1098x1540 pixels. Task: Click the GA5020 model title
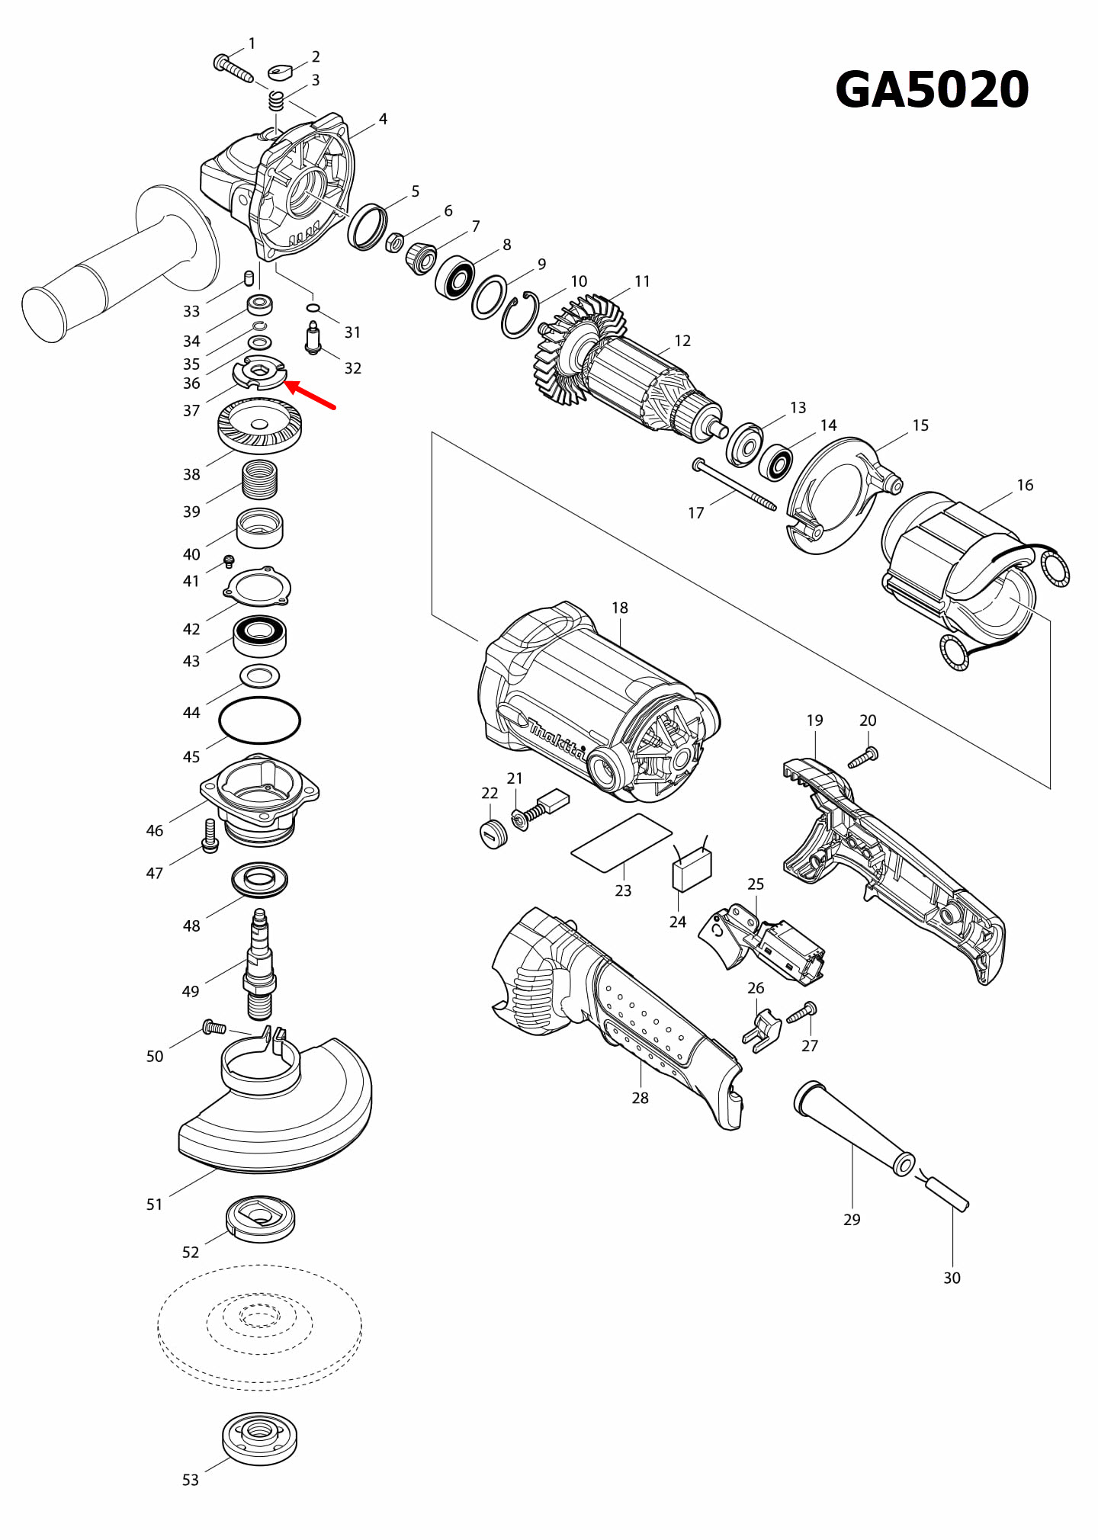point(932,90)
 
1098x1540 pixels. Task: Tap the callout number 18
point(619,608)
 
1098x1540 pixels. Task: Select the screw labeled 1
point(233,69)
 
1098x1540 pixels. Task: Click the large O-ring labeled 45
point(259,720)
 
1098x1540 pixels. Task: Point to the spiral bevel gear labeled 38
point(259,427)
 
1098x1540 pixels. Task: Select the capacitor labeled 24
point(692,869)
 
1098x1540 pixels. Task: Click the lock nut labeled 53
point(259,1438)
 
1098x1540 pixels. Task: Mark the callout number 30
point(952,1278)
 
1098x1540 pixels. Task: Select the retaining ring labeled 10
point(520,315)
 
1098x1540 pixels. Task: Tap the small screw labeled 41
point(229,562)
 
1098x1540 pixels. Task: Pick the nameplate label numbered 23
point(621,842)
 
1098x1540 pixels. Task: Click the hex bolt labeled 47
point(210,837)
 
